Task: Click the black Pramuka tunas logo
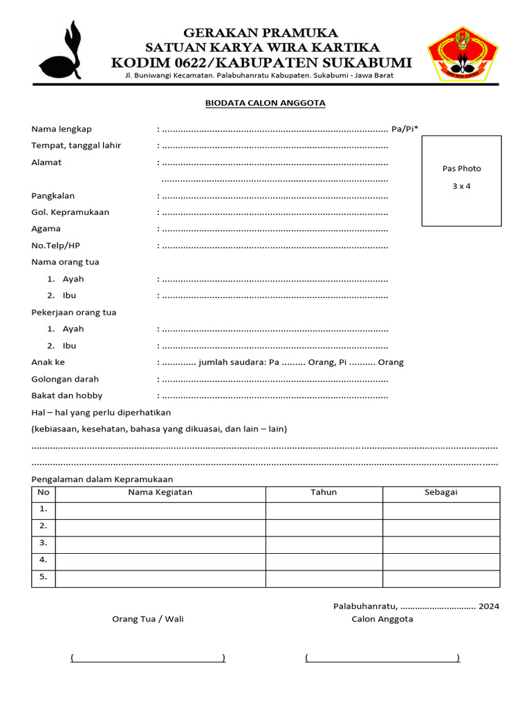[x=62, y=53]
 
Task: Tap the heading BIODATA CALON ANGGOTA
[x=265, y=103]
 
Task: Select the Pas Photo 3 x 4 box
[x=461, y=180]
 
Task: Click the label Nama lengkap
[x=62, y=129]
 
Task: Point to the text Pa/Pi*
[x=404, y=129]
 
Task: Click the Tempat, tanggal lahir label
[x=76, y=146]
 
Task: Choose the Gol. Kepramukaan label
[x=70, y=212]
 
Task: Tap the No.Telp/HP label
[x=61, y=245]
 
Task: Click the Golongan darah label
[x=65, y=379]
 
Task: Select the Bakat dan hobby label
[x=66, y=395]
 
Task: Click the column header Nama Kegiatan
[x=160, y=492]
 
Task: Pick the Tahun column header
[x=324, y=492]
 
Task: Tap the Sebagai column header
[x=440, y=492]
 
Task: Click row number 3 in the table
[x=43, y=542]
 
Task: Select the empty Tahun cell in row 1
[x=324, y=510]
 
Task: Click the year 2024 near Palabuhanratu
[x=488, y=606]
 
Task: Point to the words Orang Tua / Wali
[x=148, y=619]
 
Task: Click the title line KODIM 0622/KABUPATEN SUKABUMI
[x=261, y=63]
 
